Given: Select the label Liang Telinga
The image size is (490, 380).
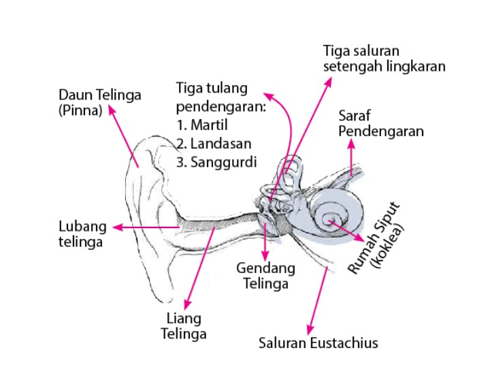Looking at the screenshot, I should pyautogui.click(x=183, y=326).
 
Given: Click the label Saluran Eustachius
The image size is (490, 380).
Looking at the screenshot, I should pyautogui.click(x=318, y=342).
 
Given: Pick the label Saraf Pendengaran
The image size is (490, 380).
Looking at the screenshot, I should pyautogui.click(x=380, y=123).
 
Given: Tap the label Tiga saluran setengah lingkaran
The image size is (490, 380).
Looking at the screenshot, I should pyautogui.click(x=384, y=59).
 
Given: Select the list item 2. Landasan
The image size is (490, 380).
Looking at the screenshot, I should pyautogui.click(x=213, y=144).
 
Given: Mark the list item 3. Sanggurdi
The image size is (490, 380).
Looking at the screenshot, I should pyautogui.click(x=214, y=162).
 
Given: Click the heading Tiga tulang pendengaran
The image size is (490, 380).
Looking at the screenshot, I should pyautogui.click(x=220, y=97).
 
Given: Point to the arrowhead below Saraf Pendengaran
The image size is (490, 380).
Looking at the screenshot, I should pyautogui.click(x=351, y=143).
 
